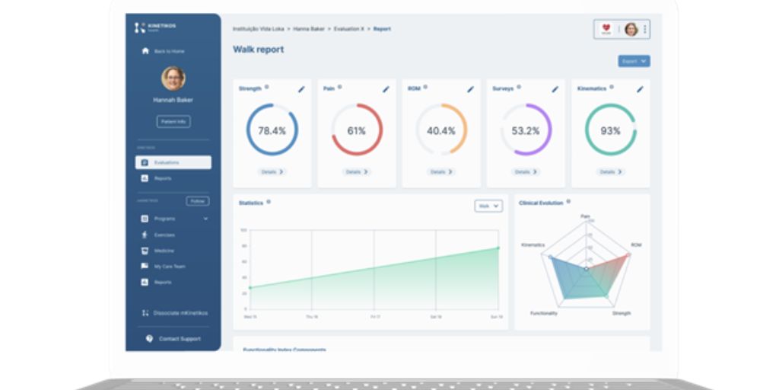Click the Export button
coord(634,61)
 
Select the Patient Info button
coord(173,121)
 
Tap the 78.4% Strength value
coord(272,131)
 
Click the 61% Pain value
coord(356,131)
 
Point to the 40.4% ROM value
coord(440,131)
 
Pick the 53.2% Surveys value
coord(525,131)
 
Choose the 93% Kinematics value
coord(610,131)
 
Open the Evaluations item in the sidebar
coord(173,162)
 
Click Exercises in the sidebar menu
coord(164,235)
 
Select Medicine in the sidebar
coord(164,251)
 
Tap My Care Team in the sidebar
coord(169,267)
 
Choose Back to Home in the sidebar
coord(168,51)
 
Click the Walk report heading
coord(258,50)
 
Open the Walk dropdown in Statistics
coord(488,206)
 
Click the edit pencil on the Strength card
coord(301,89)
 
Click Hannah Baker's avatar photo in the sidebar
coord(173,78)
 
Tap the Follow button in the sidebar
coord(197,201)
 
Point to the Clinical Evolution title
coord(541,203)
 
